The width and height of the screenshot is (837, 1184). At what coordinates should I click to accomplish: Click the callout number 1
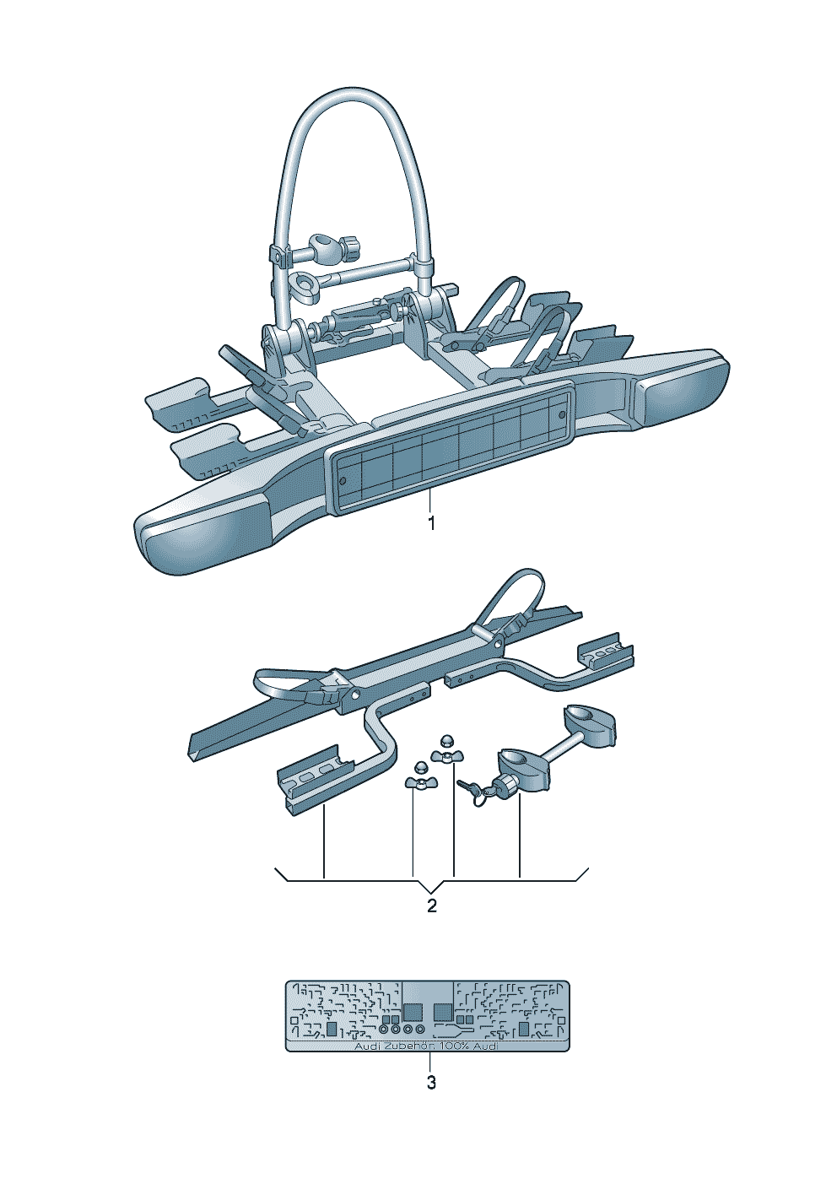(431, 523)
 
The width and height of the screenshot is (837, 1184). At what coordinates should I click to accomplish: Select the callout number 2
(432, 906)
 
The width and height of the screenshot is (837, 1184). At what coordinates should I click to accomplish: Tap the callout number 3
(431, 1083)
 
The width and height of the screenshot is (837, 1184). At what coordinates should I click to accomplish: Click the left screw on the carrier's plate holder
(342, 480)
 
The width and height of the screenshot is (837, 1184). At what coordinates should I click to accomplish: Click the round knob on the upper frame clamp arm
(350, 248)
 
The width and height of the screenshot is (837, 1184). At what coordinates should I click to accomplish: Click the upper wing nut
(442, 750)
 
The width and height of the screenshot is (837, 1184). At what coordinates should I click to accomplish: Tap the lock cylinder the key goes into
(509, 787)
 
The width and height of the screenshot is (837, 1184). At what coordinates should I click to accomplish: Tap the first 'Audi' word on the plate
(367, 1046)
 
